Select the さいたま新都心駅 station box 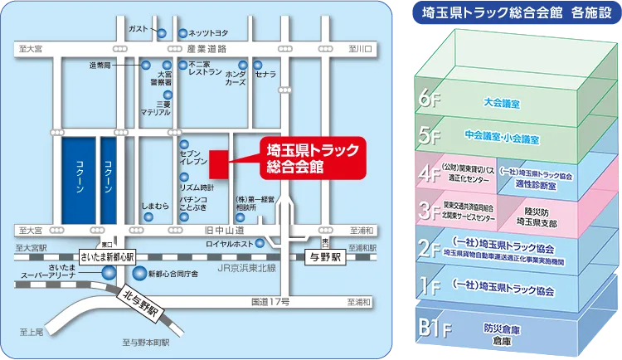(x=108, y=257)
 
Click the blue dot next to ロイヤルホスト (x=260, y=243)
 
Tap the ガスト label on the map (x=138, y=29)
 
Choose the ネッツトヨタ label (x=207, y=33)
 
